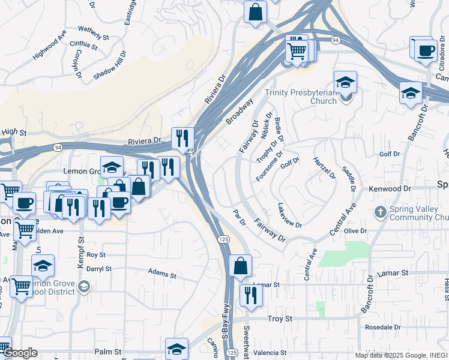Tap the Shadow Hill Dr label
click(x=110, y=65)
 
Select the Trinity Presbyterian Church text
click(x=301, y=97)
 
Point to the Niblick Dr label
click(x=267, y=126)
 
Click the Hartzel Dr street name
click(x=324, y=167)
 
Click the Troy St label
click(x=279, y=318)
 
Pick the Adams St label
click(x=162, y=275)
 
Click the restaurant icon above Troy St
click(x=251, y=295)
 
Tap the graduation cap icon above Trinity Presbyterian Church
click(x=345, y=82)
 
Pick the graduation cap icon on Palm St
click(x=176, y=349)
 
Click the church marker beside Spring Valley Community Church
click(x=379, y=212)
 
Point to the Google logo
click(x=19, y=353)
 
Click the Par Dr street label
click(x=240, y=218)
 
